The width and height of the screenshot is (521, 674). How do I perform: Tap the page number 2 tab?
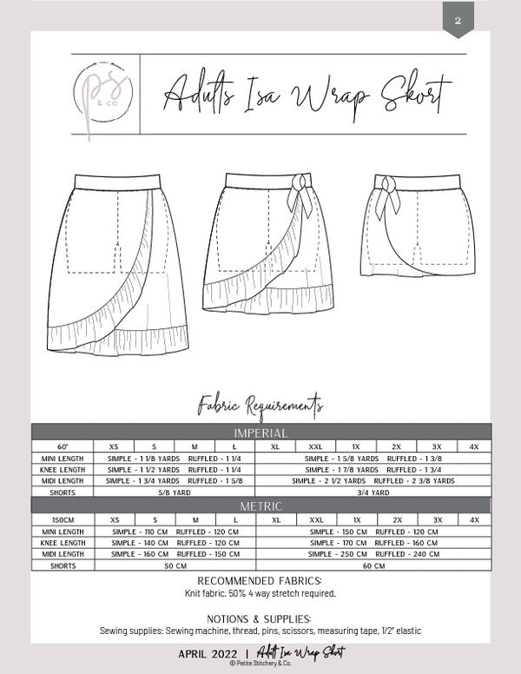[x=458, y=20]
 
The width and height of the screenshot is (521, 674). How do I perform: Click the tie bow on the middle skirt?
[x=302, y=193]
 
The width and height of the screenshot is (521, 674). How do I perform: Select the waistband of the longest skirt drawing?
[x=119, y=182]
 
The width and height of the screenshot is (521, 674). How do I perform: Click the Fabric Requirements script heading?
[x=260, y=404]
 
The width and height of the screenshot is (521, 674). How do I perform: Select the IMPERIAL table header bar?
[x=260, y=432]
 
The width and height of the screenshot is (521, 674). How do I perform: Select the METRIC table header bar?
[x=260, y=505]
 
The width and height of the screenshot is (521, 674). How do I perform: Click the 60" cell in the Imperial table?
[x=63, y=446]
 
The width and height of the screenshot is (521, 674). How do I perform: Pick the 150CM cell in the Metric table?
[x=63, y=519]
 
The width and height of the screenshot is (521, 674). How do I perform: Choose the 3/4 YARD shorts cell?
[x=373, y=492]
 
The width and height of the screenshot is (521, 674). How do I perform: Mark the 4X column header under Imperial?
[x=474, y=446]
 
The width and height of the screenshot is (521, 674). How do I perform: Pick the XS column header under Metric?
[x=115, y=519]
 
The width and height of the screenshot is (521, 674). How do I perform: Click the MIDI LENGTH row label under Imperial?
[x=63, y=480]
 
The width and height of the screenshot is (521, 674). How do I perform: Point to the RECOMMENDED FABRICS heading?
[x=260, y=581]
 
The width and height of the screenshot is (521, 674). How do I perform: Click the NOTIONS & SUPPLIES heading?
[x=260, y=618]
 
